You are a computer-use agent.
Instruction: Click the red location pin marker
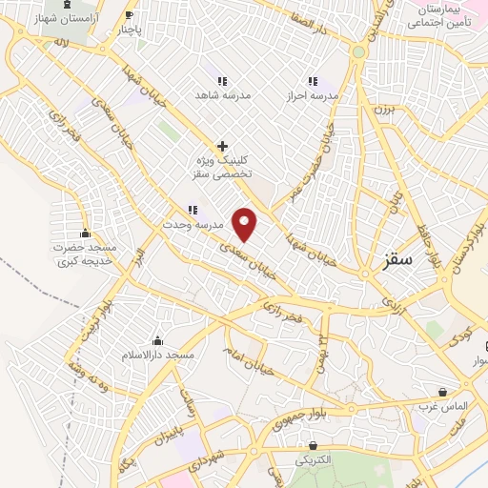(246, 223)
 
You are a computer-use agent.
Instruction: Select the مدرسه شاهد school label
(221, 95)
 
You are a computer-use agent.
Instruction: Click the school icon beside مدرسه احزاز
(311, 81)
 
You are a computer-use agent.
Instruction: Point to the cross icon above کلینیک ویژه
(222, 146)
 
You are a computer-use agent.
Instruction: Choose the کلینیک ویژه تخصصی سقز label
(220, 169)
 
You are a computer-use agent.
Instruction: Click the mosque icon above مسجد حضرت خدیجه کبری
(85, 234)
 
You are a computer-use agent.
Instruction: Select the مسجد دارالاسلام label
(157, 356)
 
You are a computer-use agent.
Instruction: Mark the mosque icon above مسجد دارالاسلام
(157, 341)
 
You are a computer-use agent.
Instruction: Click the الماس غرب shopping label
(443, 406)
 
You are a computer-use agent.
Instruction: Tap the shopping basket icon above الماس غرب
(443, 392)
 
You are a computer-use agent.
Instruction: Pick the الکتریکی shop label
(313, 459)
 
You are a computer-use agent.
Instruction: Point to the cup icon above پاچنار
(130, 14)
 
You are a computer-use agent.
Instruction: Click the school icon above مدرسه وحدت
(193, 210)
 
